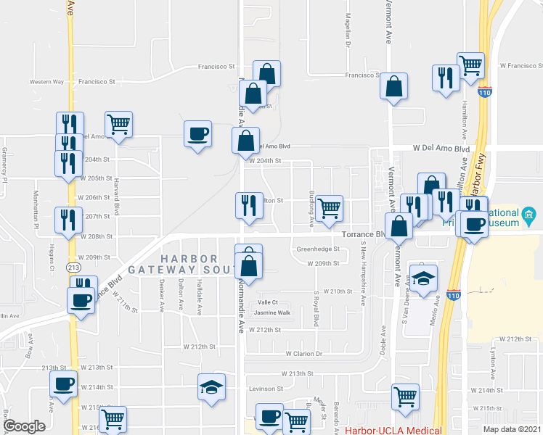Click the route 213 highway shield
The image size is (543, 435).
pos(73,268)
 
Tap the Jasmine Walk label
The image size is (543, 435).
pos(271,313)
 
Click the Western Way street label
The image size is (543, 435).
pos(46,82)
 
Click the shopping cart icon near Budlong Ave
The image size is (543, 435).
pos(330,207)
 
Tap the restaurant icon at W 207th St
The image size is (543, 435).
pos(67,219)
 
